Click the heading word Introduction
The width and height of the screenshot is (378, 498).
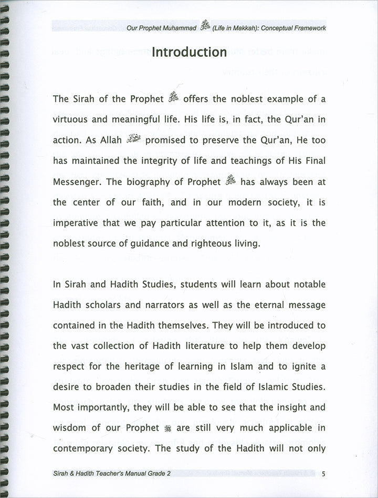tap(189, 53)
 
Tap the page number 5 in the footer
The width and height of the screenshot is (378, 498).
tap(324, 474)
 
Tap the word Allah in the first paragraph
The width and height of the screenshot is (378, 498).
tap(109, 141)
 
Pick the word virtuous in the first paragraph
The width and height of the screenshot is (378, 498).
tap(71, 120)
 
